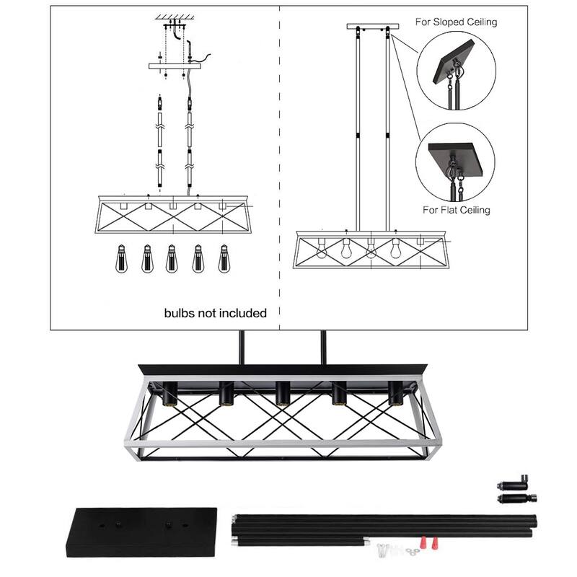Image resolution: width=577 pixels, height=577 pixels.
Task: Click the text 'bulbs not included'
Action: [x=216, y=313]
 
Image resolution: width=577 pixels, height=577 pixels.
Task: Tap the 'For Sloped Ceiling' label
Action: [x=456, y=22]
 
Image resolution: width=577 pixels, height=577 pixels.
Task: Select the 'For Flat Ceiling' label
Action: [x=456, y=210]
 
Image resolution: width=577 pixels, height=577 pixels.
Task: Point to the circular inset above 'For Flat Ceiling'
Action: [x=457, y=161]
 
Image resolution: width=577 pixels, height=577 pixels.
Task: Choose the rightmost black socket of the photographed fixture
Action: [x=395, y=393]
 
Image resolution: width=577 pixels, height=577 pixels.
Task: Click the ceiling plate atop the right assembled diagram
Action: [x=372, y=27]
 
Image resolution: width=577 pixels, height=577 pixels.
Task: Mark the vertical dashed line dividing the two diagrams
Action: [x=279, y=166]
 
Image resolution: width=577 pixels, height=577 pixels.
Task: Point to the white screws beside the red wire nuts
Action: [x=382, y=550]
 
